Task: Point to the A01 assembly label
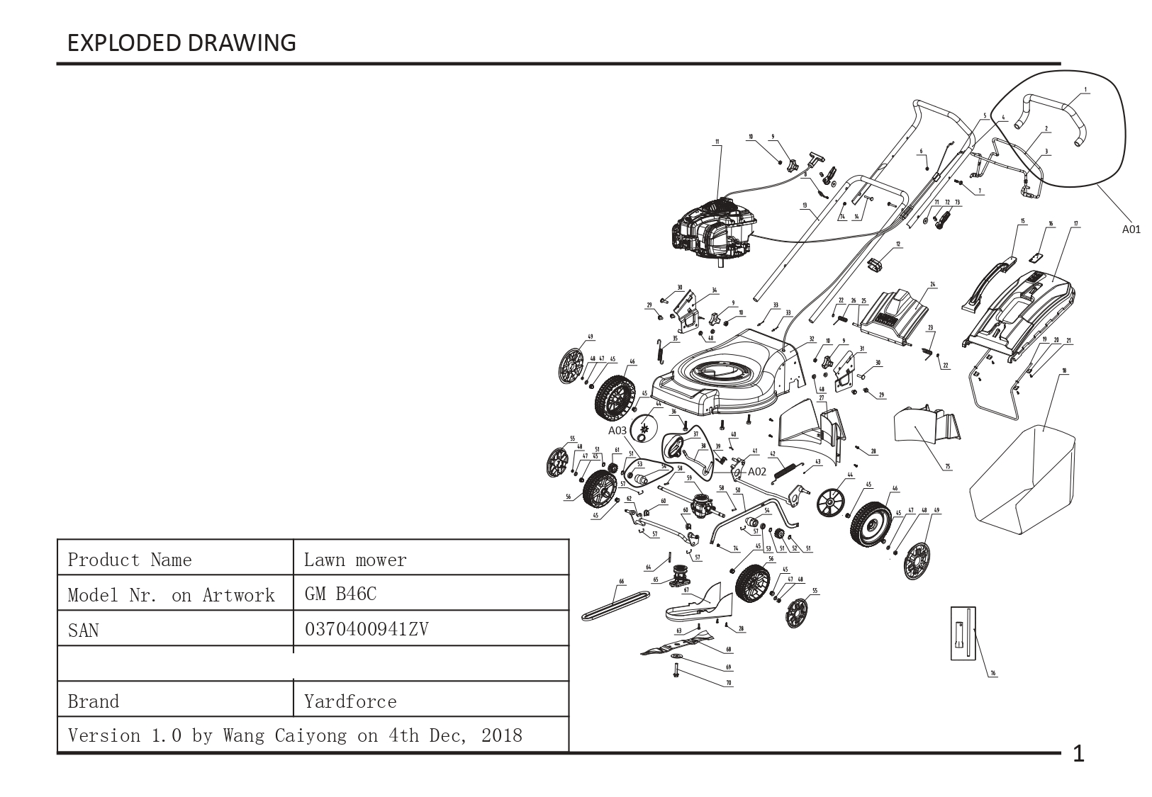pos(1131,229)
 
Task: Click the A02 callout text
pos(757,471)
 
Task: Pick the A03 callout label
pos(617,430)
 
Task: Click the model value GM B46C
pos(340,594)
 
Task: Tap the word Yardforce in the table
pos(350,701)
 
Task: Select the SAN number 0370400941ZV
pos(367,629)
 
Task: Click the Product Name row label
pos(130,560)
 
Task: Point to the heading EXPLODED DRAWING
pos(181,43)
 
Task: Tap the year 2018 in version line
pos(501,735)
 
